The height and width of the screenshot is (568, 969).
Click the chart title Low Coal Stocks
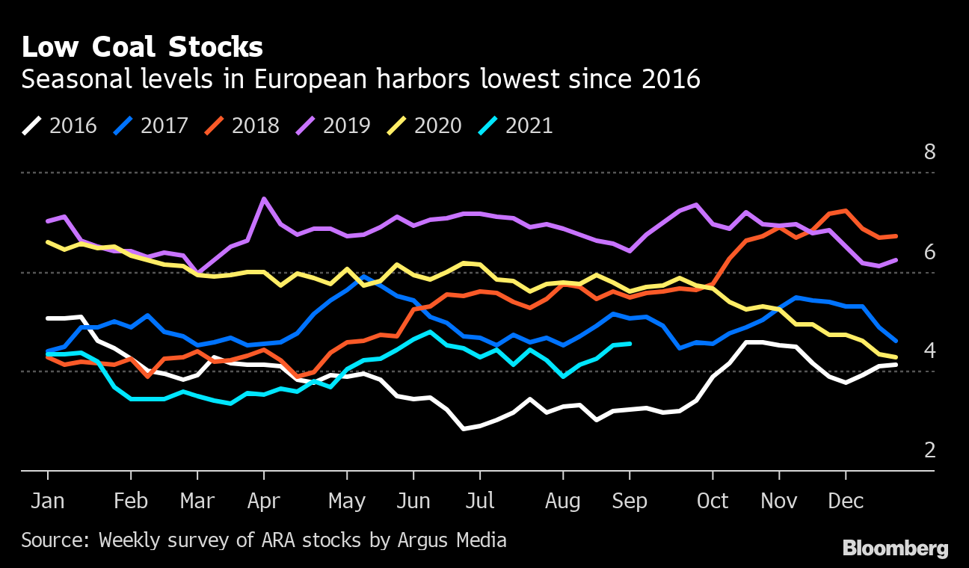click(x=142, y=47)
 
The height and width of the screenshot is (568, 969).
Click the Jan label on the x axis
click(x=48, y=501)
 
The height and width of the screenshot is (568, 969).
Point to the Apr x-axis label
click(x=263, y=501)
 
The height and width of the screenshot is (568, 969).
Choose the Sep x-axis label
click(x=630, y=501)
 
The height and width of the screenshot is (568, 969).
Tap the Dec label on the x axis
click(x=846, y=501)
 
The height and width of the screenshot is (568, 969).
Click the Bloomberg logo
click(x=895, y=549)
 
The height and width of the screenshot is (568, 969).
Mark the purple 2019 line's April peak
click(x=264, y=199)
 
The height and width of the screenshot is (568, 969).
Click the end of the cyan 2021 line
click(x=630, y=344)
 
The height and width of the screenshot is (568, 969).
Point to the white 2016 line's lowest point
click(x=464, y=429)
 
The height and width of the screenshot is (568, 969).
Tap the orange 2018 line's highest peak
click(x=846, y=211)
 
